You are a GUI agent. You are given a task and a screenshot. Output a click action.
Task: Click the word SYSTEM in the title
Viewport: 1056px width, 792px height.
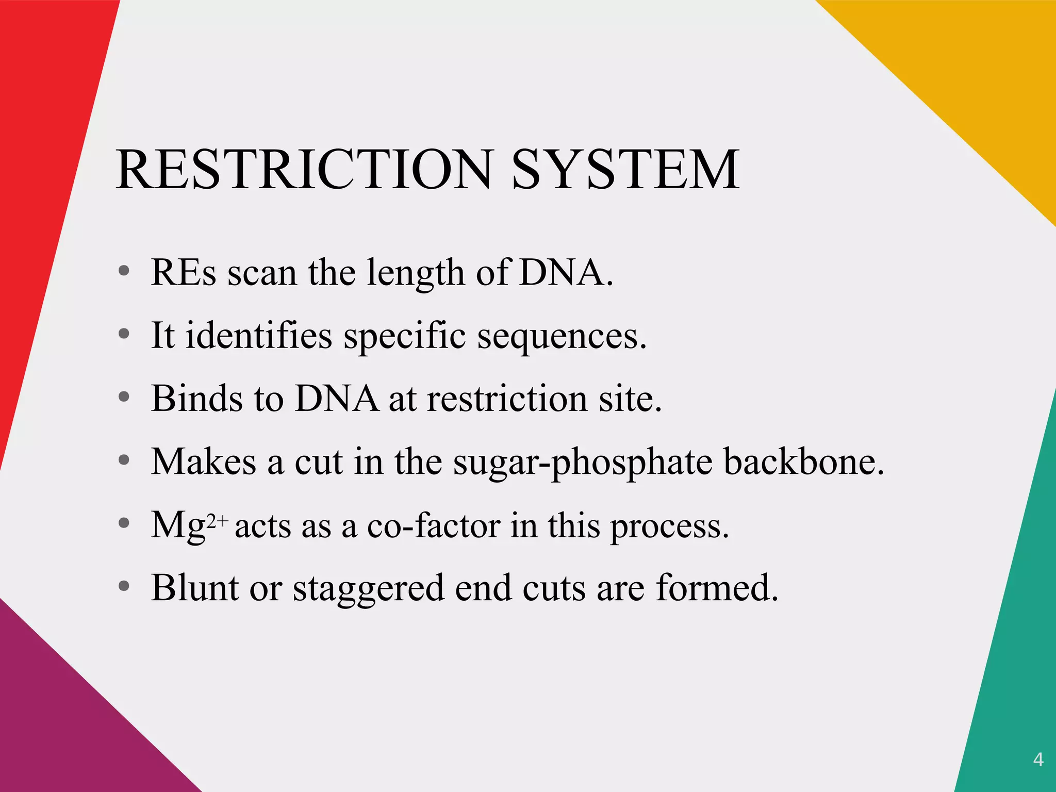(x=625, y=169)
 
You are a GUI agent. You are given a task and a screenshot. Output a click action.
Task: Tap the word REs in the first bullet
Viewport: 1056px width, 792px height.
(x=184, y=272)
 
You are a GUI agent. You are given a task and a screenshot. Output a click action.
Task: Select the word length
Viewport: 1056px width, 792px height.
(x=415, y=273)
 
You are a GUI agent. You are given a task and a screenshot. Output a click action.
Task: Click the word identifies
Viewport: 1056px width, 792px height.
(x=259, y=335)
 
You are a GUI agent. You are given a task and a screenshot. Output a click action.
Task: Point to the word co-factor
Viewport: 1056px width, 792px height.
(x=433, y=525)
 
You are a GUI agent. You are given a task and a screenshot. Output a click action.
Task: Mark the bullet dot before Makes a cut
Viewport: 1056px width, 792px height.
(x=124, y=460)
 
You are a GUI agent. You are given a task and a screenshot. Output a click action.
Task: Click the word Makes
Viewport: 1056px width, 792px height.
(x=203, y=461)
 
